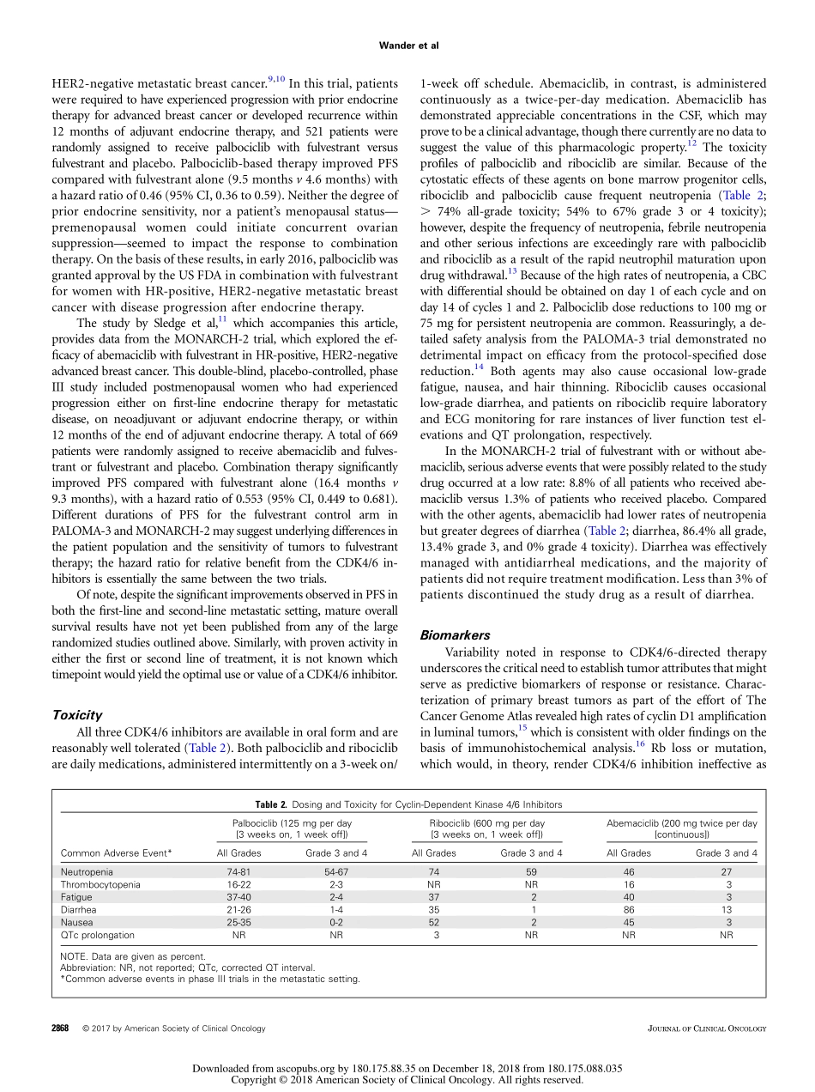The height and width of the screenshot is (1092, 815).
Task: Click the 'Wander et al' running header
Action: (x=407, y=45)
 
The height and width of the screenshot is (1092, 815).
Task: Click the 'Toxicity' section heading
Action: (x=77, y=714)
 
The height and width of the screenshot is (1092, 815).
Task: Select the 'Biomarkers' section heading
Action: (x=455, y=635)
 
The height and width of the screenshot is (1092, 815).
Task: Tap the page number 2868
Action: (x=60, y=1028)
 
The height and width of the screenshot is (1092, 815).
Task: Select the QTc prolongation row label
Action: (x=97, y=935)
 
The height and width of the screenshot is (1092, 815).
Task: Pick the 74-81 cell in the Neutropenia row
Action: (x=239, y=871)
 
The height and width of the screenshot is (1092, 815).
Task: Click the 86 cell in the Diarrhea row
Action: (x=629, y=909)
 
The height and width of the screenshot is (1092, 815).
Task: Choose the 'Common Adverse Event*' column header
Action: (x=117, y=853)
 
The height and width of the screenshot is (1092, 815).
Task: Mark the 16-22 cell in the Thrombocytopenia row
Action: (x=239, y=884)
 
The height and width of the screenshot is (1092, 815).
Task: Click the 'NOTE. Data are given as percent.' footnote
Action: (x=133, y=956)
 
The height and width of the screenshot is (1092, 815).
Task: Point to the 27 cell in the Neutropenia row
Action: (x=727, y=871)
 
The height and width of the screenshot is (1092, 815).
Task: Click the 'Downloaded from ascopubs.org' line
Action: (x=407, y=1069)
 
